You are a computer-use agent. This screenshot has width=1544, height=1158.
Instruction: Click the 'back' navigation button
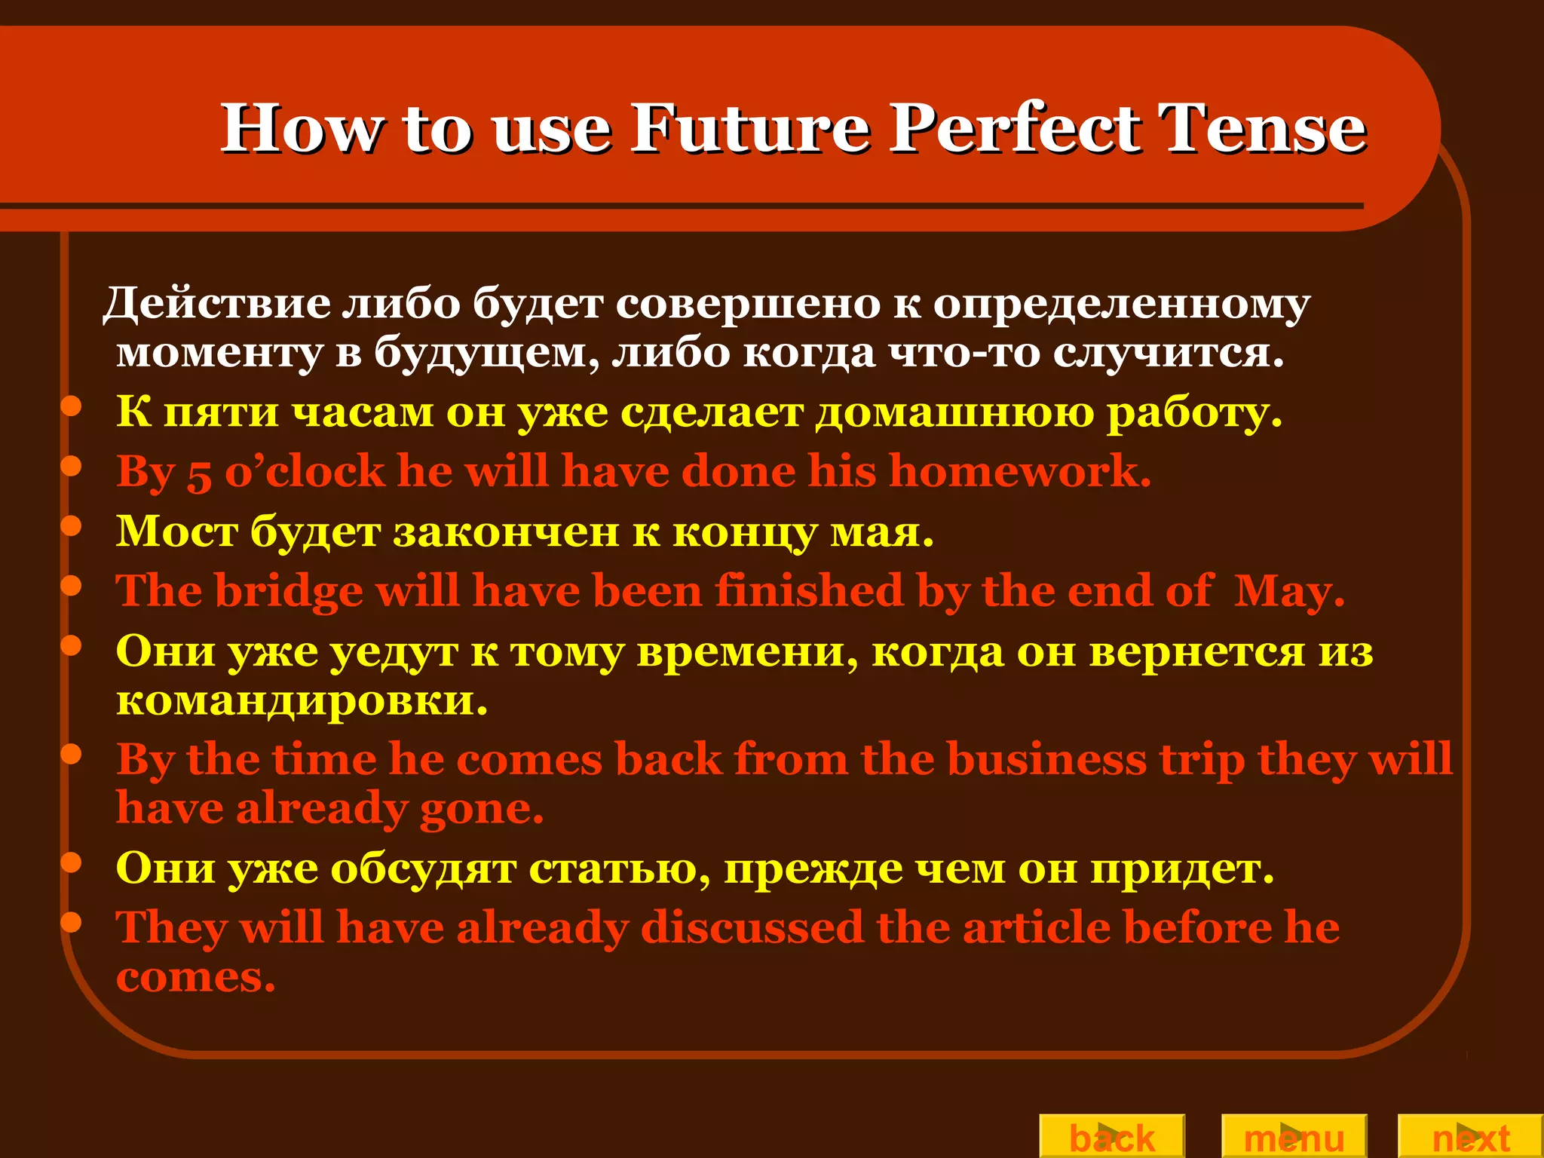click(1112, 1137)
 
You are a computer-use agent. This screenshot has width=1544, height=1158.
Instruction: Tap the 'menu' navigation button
click(1294, 1137)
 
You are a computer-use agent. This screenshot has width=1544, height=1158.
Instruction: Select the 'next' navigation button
click(1470, 1137)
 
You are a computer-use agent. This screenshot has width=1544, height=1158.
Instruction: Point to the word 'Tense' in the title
click(1262, 128)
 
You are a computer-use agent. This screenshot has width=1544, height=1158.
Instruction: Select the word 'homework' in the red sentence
click(1020, 472)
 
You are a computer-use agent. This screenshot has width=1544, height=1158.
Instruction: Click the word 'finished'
click(809, 590)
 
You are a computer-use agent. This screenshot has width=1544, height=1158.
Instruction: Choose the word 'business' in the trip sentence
click(1046, 758)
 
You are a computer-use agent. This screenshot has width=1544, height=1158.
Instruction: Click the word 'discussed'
click(752, 927)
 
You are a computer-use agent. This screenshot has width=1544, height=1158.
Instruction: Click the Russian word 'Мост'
click(176, 532)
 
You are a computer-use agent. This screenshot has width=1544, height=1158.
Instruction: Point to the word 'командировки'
click(302, 701)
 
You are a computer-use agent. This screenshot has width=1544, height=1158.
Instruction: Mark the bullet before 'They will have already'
click(71, 922)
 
